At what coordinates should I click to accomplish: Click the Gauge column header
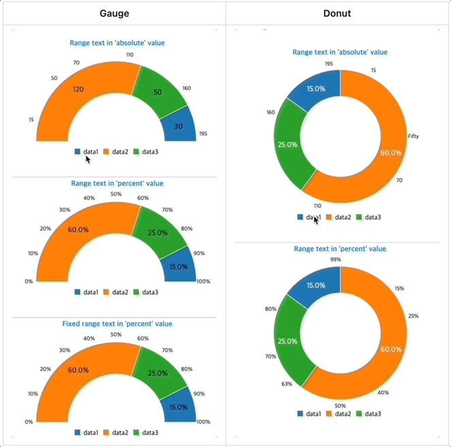[114, 14]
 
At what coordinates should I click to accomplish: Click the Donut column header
[338, 14]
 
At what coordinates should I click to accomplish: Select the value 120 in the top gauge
[78, 90]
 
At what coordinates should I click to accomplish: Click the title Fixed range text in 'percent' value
[116, 324]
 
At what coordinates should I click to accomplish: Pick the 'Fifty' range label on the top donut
[414, 136]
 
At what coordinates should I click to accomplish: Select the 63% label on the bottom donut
[286, 384]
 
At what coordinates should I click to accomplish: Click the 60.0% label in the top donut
[390, 153]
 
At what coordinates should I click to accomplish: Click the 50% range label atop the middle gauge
[116, 194]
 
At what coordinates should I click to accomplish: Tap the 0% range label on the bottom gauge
[29, 422]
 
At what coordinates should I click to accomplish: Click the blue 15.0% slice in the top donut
[315, 89]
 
